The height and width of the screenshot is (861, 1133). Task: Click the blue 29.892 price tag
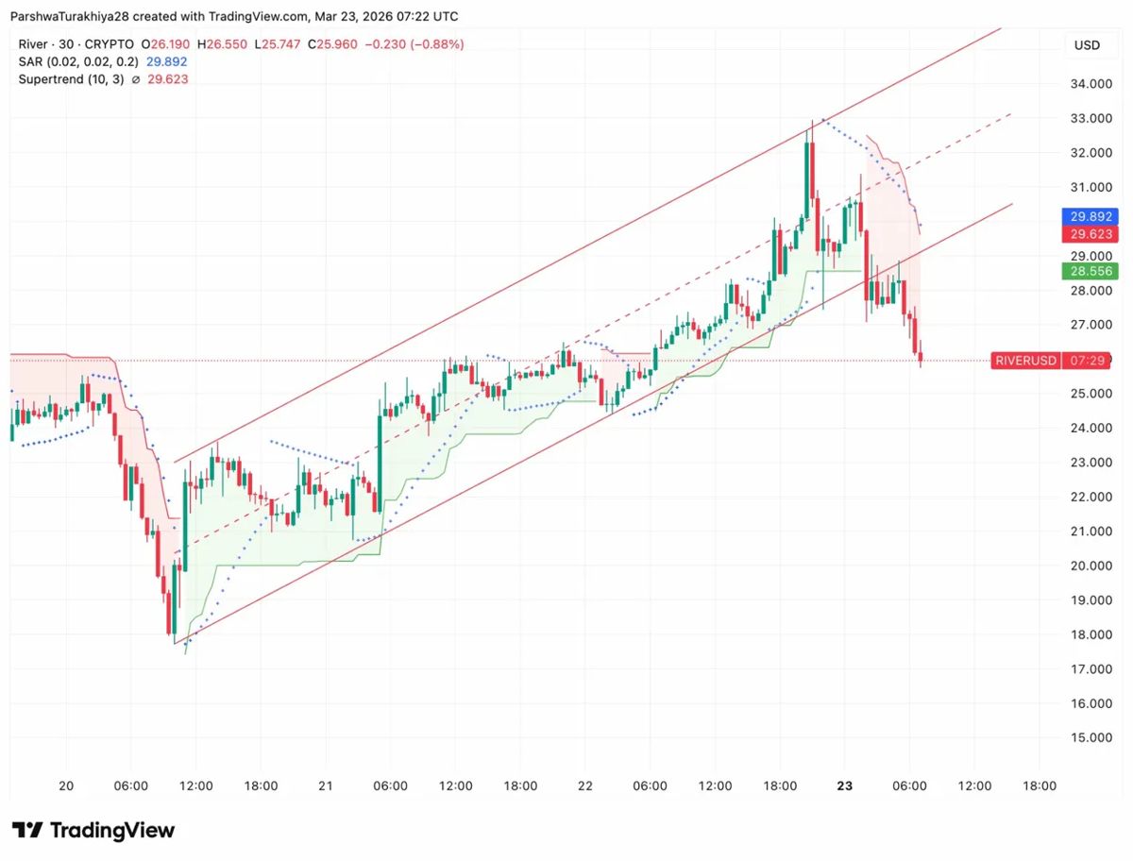tap(1091, 215)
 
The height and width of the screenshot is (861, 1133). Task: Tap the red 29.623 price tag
tap(1091, 234)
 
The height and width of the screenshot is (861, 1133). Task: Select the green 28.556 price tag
tap(1091, 271)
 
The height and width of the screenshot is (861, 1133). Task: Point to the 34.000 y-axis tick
tap(1089, 84)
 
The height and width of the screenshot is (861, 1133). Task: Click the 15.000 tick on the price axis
tap(1089, 737)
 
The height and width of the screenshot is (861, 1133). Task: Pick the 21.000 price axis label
tap(1089, 532)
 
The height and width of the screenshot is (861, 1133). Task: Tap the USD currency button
tap(1087, 44)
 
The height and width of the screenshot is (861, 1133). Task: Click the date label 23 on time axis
tap(845, 785)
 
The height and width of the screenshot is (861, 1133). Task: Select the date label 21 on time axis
tap(326, 785)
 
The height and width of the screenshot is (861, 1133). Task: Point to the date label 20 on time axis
tap(65, 785)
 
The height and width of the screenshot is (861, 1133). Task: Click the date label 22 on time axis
tap(585, 785)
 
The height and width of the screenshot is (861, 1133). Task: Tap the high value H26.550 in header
tap(222, 44)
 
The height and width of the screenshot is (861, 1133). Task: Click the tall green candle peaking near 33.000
tap(807, 179)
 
